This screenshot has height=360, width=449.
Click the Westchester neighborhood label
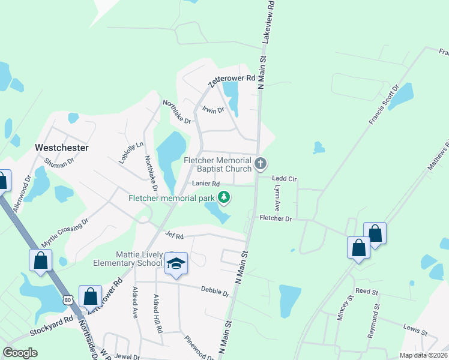click(62, 147)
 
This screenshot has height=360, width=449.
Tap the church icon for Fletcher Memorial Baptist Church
click(261, 163)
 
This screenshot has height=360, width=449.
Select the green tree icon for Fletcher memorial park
click(224, 197)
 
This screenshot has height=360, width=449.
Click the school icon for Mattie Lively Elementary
click(176, 263)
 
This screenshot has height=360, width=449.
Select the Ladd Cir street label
click(285, 179)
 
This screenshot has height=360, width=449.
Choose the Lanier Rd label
click(206, 184)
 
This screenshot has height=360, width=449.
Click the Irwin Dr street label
click(213, 110)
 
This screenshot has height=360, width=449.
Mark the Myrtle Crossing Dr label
click(64, 233)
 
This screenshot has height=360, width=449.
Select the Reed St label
click(366, 291)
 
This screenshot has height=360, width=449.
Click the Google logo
click(20, 353)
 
